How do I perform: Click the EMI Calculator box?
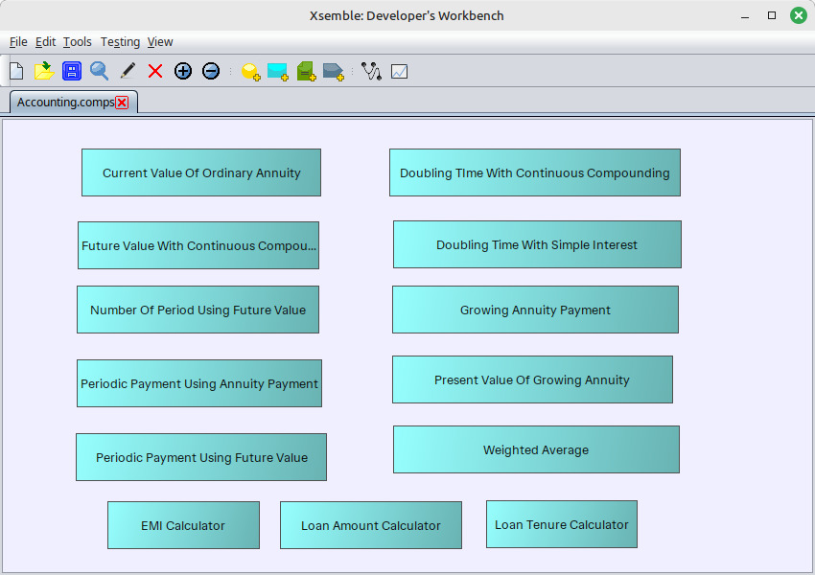pos(183,525)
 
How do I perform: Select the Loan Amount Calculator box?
pos(371,525)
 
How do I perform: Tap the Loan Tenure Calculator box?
pos(561,524)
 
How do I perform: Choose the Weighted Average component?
pos(536,449)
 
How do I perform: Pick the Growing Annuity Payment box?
pos(535,310)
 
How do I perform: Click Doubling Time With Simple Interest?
pos(537,244)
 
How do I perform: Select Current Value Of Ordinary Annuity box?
pos(201,172)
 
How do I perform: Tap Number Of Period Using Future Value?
pos(198,310)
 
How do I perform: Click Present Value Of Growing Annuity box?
pos(532,379)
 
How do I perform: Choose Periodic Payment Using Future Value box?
pos(201,457)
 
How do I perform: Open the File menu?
pos(18,41)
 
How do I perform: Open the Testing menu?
pos(120,41)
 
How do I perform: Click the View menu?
pos(160,41)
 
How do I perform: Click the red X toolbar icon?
pos(155,71)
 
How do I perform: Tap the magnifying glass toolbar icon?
pos(99,71)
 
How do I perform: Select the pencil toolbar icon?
pos(128,71)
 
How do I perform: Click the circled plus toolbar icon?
pos(183,71)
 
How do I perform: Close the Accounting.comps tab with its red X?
pos(122,103)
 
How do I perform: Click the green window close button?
pos(799,15)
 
